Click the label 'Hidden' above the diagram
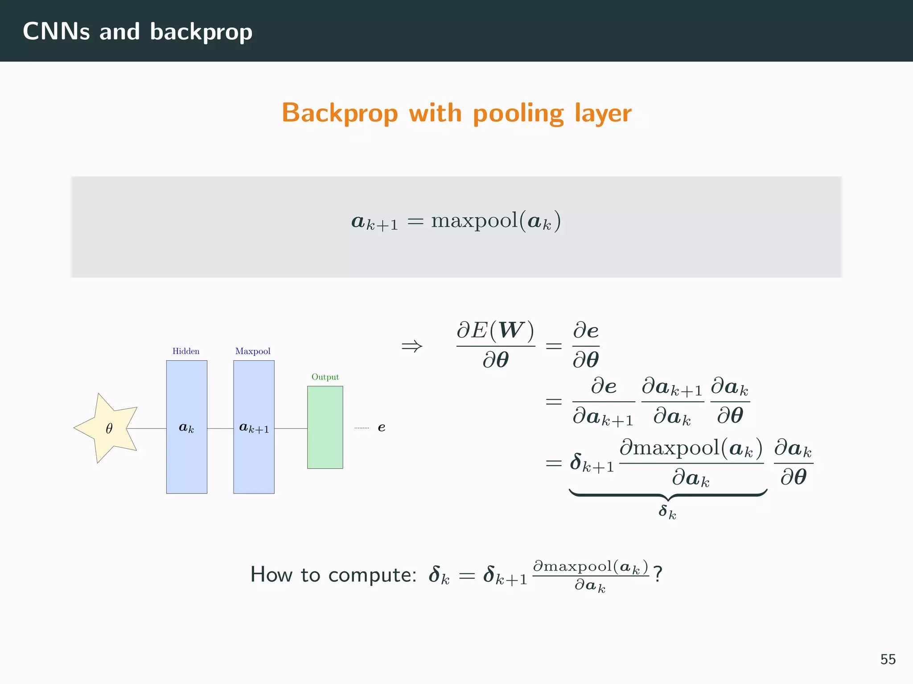coord(186,351)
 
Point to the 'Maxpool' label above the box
coord(253,351)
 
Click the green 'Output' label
coord(325,377)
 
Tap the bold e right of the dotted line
coord(382,428)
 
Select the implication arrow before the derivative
coord(411,346)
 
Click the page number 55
coord(888,659)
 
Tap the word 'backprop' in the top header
coord(201,32)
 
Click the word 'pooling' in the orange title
coord(518,113)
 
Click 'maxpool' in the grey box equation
coord(474,221)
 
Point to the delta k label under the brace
coord(667,512)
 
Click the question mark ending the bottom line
coord(658,574)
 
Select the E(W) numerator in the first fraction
coord(495,330)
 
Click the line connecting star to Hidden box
coord(147,428)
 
